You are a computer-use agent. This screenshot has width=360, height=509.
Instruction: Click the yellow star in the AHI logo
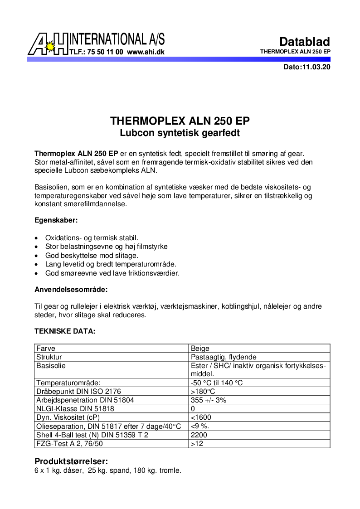[x=51, y=46]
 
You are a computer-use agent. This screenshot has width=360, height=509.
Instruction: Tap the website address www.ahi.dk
[x=146, y=52]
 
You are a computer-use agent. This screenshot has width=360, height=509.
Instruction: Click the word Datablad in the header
[x=304, y=42]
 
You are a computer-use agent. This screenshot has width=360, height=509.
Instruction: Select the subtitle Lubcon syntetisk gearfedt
[x=180, y=133]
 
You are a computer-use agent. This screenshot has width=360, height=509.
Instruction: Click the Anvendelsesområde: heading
[x=71, y=289]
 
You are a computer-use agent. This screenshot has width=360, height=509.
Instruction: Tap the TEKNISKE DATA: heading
[x=65, y=331]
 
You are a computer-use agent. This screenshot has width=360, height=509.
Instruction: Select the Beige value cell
[x=200, y=349]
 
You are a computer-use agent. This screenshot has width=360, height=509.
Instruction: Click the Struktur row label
[x=49, y=357]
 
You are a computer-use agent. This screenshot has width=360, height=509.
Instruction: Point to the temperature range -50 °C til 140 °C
[x=217, y=383]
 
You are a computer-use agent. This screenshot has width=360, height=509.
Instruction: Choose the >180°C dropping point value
[x=203, y=392]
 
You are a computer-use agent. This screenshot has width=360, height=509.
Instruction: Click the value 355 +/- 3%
[x=209, y=400]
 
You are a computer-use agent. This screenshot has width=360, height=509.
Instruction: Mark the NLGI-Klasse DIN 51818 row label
[x=75, y=409]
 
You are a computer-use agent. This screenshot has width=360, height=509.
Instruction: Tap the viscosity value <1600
[x=201, y=417]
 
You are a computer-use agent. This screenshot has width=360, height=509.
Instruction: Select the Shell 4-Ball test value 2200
[x=199, y=435]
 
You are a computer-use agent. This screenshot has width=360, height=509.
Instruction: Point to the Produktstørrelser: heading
[x=71, y=461]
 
